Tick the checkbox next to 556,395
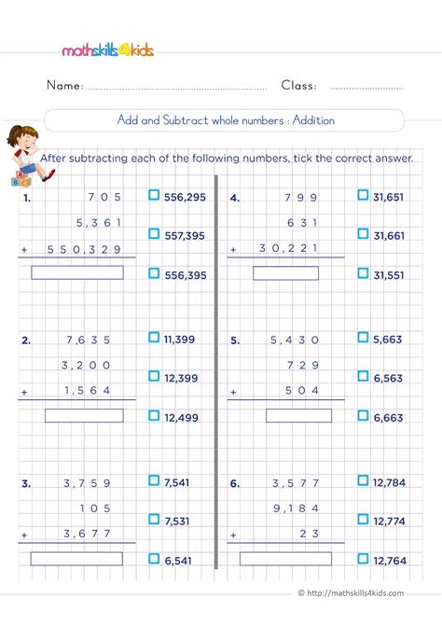coord(154,273)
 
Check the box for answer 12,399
coord(154,376)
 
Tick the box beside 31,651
coord(363,195)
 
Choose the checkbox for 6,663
coord(363,417)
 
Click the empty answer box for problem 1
coord(77,272)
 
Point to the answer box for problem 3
coord(77,558)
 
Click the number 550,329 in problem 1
coord(92,250)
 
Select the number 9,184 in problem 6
coord(296,508)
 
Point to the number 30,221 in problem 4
coord(296,250)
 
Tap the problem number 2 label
coord(25,340)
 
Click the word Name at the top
coord(64,86)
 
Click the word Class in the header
coord(298,86)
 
